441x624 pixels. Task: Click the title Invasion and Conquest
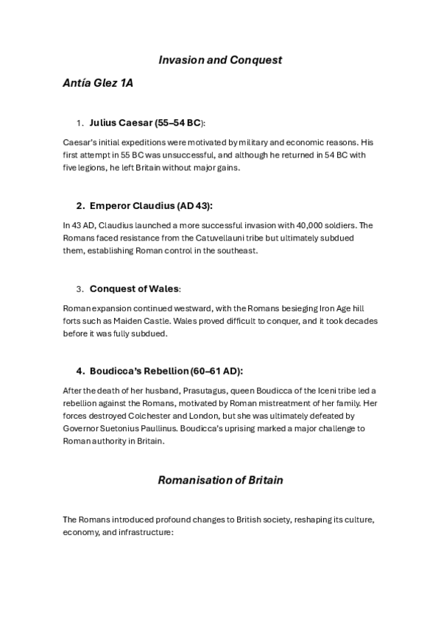tap(221, 60)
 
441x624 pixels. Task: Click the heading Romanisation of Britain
tap(221, 481)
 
